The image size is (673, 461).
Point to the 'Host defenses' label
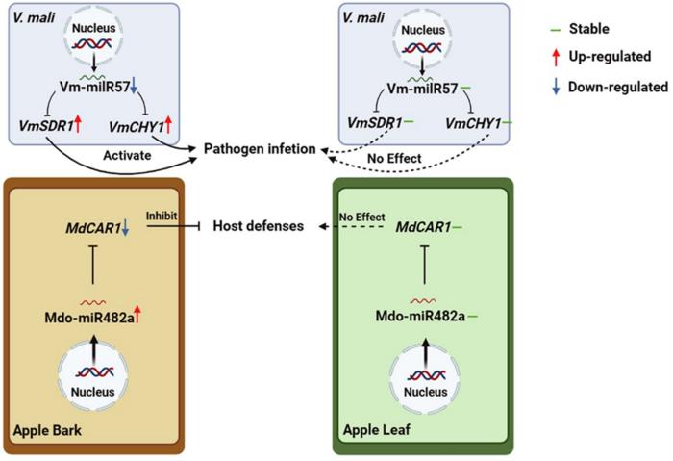pos(258,226)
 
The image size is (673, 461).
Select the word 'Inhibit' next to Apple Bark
pos(161,217)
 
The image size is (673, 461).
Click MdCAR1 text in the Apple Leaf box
pos(421,227)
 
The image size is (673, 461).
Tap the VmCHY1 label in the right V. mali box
pos(473,125)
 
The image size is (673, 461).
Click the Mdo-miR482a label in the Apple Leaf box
pos(416,316)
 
